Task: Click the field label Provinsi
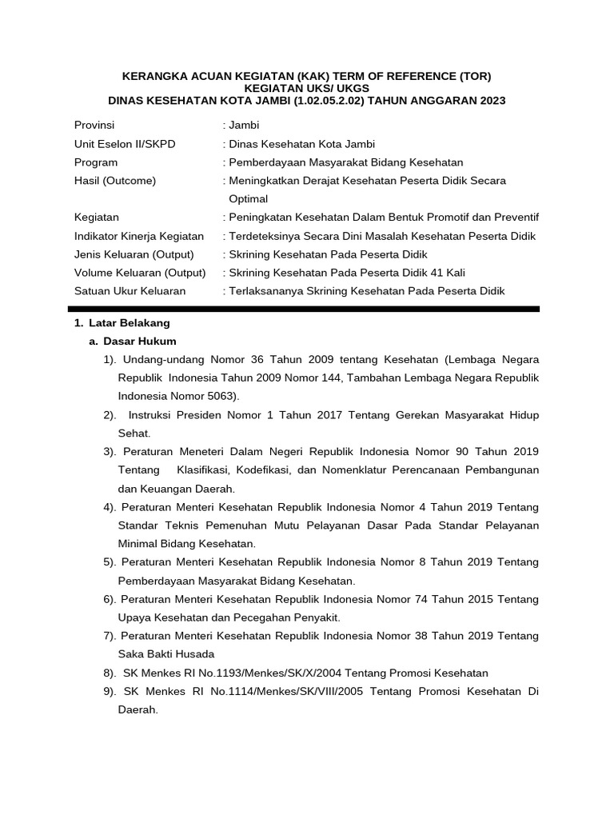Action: (x=94, y=126)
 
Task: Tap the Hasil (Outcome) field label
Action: (x=114, y=181)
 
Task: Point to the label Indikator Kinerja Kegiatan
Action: (x=138, y=236)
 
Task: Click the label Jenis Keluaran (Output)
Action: (x=134, y=254)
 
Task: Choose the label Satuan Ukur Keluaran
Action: (x=130, y=291)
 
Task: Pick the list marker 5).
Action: (x=110, y=562)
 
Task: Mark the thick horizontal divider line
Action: (x=307, y=308)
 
